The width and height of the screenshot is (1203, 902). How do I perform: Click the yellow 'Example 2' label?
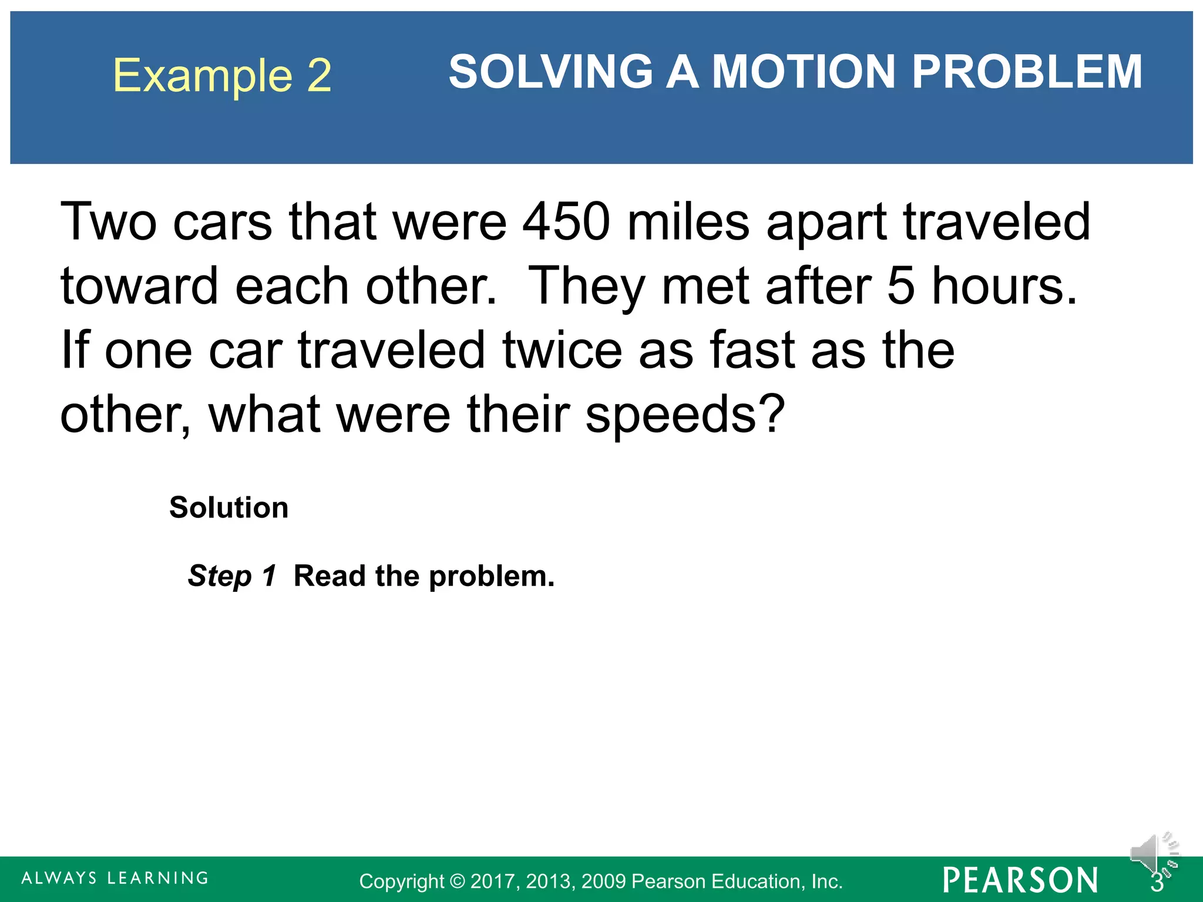click(222, 75)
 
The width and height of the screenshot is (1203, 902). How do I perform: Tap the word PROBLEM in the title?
click(1027, 72)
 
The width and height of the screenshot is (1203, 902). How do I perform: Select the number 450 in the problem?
click(566, 222)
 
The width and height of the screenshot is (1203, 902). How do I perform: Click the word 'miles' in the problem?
click(688, 222)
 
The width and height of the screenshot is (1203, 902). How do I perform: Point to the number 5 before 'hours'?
click(900, 286)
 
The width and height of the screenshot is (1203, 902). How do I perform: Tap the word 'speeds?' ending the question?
click(685, 416)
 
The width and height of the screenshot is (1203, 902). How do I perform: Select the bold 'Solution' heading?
click(228, 507)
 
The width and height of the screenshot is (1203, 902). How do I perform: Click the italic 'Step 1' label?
click(232, 575)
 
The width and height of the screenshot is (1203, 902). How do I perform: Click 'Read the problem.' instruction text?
click(424, 575)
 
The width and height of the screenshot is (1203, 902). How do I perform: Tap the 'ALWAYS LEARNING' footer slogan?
click(115, 878)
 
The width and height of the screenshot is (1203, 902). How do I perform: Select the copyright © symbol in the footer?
click(457, 881)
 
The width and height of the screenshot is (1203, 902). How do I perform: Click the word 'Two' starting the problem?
click(109, 222)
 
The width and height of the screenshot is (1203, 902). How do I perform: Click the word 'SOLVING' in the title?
click(550, 72)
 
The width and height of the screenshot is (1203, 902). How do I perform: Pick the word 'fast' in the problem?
click(752, 350)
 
